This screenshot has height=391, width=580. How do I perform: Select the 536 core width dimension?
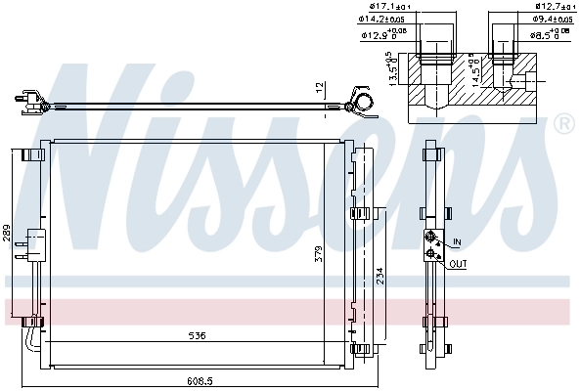(198, 338)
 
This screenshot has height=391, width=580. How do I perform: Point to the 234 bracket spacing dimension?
(379, 276)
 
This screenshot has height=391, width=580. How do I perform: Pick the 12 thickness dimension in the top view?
(319, 87)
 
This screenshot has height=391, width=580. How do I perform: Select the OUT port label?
(459, 264)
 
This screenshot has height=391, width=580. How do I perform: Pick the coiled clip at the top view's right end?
(360, 102)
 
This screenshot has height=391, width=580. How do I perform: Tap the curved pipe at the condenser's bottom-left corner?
(34, 337)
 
